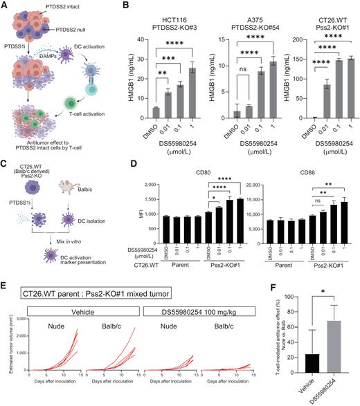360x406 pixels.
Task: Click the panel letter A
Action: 6,6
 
